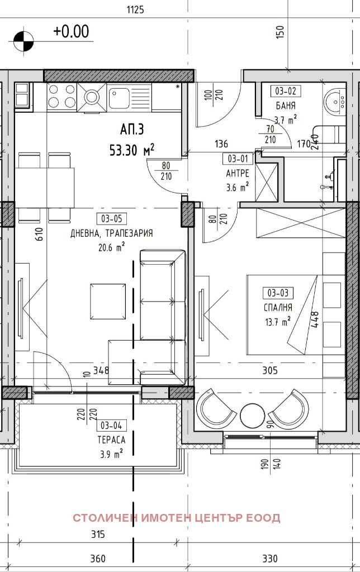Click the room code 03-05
(111, 219)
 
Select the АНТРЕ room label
(238, 173)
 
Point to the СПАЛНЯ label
(278, 308)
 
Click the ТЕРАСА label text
(111, 440)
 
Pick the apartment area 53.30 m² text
(132, 150)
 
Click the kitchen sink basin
(119, 97)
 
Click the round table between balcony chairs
(252, 415)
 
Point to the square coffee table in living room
(108, 302)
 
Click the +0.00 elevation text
(71, 31)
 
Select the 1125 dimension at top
(135, 10)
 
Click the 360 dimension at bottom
(98, 558)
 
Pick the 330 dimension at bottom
(270, 558)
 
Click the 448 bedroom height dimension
(315, 320)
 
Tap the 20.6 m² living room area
(111, 247)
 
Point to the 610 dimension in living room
(40, 234)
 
